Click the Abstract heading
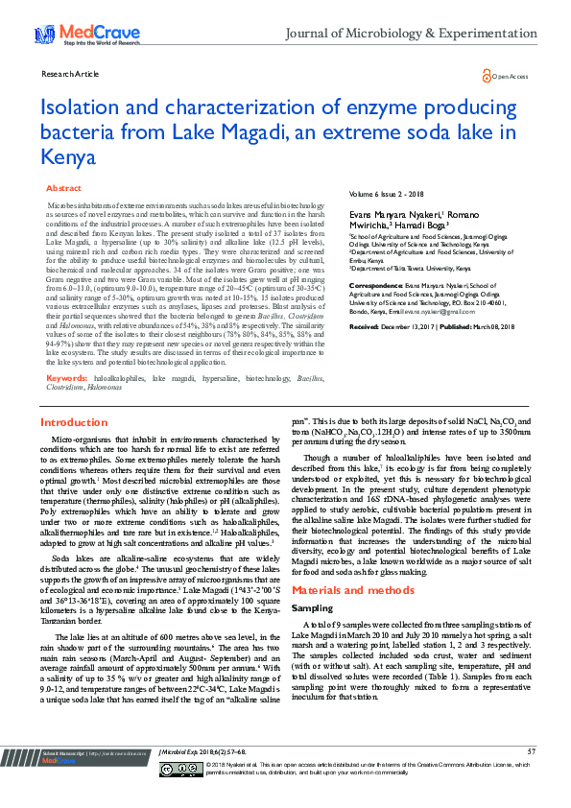coord(64,189)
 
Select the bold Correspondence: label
coord(376,286)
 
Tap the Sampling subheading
coord(313,582)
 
